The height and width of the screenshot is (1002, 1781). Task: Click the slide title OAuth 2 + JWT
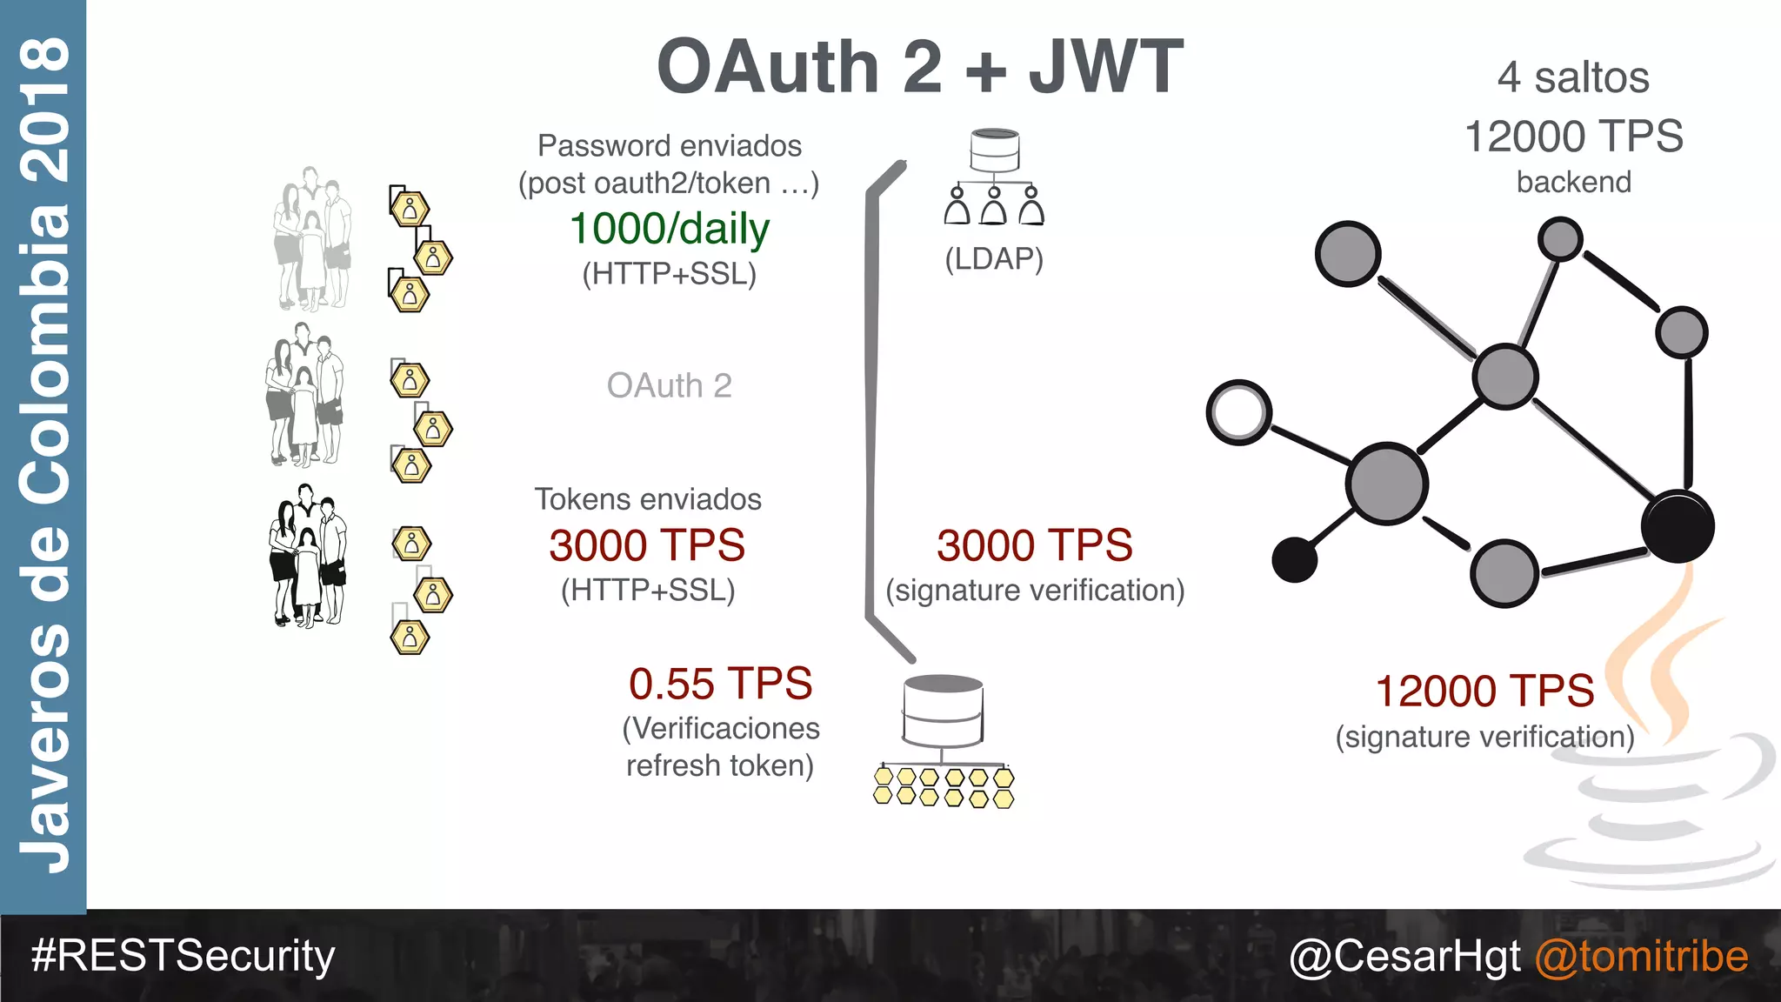(920, 67)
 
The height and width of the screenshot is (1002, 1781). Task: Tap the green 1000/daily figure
(670, 229)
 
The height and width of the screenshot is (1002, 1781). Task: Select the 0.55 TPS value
(720, 684)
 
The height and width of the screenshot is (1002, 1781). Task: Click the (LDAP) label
(994, 258)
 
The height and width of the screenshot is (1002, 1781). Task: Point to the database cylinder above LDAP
(995, 150)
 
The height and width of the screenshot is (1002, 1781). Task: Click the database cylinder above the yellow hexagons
(944, 709)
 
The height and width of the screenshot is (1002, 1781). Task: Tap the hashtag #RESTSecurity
(183, 955)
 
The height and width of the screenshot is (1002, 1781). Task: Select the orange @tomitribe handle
(1641, 956)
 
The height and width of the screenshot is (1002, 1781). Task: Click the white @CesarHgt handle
(1405, 956)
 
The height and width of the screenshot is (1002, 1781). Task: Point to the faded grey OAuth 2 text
(669, 385)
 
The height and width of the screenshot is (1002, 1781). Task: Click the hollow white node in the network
(1239, 412)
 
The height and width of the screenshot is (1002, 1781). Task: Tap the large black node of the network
(1678, 526)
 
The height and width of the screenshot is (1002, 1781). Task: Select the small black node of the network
(1294, 559)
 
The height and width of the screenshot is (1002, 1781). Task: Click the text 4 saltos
(1573, 77)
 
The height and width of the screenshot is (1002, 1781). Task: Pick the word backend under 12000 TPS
(1573, 182)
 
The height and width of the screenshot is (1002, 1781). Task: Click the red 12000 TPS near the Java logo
(1484, 691)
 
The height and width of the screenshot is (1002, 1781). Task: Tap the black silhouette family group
(308, 557)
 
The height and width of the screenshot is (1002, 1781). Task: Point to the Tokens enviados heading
(648, 499)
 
